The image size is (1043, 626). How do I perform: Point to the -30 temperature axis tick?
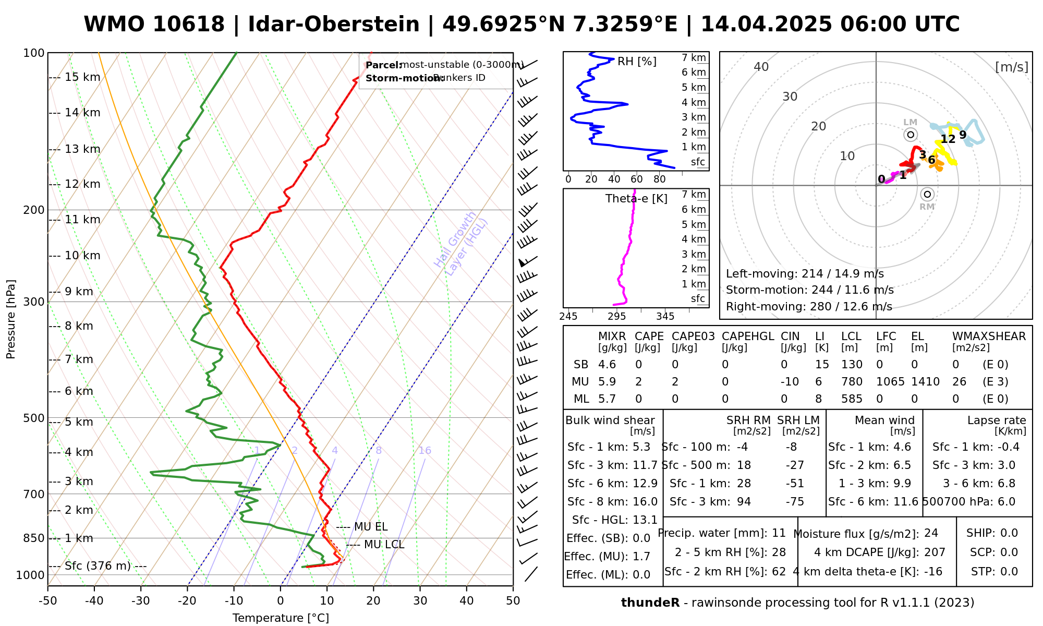[x=141, y=601]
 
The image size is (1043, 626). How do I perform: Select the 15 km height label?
[x=82, y=77]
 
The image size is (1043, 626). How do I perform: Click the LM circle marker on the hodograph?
[x=911, y=135]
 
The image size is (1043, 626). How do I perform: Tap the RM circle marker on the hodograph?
[x=927, y=195]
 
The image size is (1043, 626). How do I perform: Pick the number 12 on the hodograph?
[x=948, y=139]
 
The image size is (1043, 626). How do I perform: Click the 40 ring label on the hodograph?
[x=761, y=67]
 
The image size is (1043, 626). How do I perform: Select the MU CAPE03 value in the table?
[x=675, y=382]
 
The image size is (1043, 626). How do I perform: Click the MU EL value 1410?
[x=925, y=382]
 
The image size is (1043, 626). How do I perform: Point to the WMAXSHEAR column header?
[x=989, y=336]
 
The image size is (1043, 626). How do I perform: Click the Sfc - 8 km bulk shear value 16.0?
[x=645, y=502]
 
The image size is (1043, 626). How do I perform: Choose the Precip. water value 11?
[x=779, y=533]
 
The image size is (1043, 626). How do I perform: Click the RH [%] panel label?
[x=637, y=62]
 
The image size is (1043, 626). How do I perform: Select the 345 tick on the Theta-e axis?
[x=665, y=316]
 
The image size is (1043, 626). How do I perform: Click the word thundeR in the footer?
[x=650, y=603]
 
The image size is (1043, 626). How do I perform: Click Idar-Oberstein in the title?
[x=334, y=25]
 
